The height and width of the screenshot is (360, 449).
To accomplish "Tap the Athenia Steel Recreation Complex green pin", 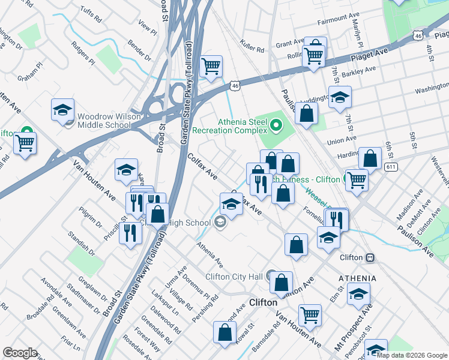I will (276, 125).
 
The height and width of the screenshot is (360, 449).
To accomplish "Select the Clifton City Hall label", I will (235, 277).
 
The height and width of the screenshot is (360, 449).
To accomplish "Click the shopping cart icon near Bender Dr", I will (211, 67).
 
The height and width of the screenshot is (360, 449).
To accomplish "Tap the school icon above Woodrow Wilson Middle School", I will (62, 110).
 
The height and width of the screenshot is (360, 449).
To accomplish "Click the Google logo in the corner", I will (20, 353).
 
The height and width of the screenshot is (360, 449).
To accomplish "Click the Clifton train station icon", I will (370, 257).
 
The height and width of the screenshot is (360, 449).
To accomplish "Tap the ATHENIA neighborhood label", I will (357, 278).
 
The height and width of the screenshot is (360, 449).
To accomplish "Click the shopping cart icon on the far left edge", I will (25, 143).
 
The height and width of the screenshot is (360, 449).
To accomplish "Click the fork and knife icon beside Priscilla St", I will (129, 231).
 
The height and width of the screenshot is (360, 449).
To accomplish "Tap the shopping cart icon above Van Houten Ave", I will (310, 314).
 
